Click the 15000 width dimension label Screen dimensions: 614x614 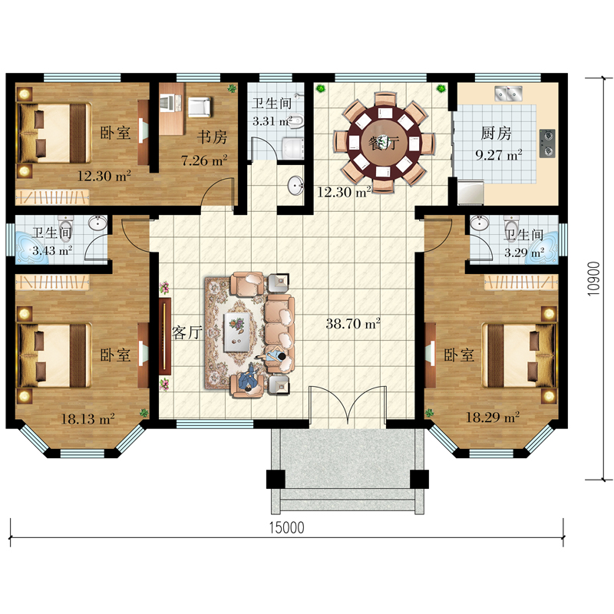[x=286, y=527]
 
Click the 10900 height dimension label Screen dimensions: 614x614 [x=594, y=279]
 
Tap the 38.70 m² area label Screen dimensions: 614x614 [x=353, y=324]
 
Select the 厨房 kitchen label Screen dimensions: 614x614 [x=496, y=134]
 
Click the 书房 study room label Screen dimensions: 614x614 [x=212, y=137]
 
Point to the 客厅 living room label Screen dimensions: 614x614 [x=187, y=332]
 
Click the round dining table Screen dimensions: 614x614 [x=384, y=143]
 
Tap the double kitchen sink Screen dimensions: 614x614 [x=508, y=94]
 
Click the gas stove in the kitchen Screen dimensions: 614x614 [x=547, y=144]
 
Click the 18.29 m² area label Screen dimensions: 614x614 [x=492, y=418]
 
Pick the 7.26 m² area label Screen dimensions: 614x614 [x=204, y=160]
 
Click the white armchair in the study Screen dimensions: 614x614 [x=200, y=107]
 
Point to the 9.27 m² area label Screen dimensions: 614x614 [x=498, y=155]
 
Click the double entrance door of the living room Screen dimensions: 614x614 [x=348, y=406]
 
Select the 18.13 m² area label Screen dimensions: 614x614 [x=87, y=419]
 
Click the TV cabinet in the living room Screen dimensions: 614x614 [x=165, y=336]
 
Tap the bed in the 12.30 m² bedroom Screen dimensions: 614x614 [x=54, y=133]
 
